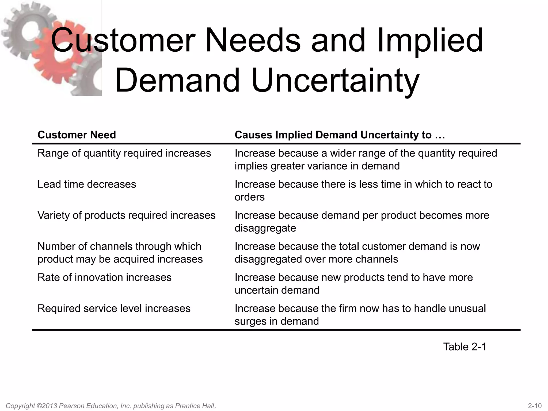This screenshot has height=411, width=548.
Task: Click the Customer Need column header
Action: [77, 135]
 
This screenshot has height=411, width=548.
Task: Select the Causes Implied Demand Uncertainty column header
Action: [340, 135]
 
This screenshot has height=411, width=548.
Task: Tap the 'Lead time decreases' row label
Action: [87, 184]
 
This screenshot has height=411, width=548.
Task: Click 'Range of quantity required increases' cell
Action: [124, 153]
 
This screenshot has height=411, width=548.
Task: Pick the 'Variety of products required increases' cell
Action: [126, 215]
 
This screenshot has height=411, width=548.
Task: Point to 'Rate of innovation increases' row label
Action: [104, 277]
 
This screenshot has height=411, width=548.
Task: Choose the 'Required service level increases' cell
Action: [114, 309]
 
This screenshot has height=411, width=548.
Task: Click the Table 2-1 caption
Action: [465, 347]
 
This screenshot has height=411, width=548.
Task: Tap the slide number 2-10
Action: [535, 406]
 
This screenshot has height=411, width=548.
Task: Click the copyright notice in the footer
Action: [111, 406]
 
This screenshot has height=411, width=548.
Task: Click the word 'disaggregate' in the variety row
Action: [265, 228]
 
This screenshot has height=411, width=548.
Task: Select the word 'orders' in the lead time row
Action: [250, 197]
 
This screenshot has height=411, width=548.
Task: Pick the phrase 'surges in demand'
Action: [277, 321]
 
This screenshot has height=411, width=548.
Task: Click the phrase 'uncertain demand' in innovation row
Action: [277, 290]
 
